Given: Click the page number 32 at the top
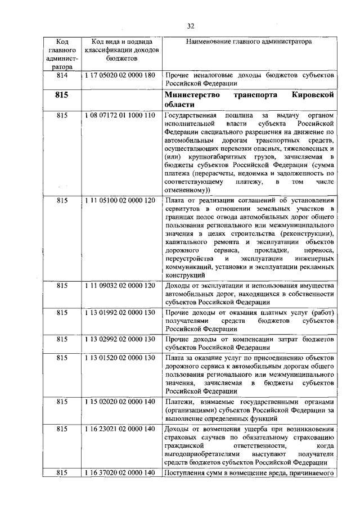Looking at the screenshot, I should (191, 26).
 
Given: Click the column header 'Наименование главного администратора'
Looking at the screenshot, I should (249, 42).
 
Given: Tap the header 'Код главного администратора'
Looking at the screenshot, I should (62, 54).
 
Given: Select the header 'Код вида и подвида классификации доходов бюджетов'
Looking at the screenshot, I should (121, 49).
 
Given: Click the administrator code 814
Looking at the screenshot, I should (62, 75).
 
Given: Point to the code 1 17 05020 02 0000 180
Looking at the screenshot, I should (120, 75).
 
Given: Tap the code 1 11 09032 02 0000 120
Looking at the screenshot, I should (120, 286).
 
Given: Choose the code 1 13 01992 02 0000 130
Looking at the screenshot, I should (120, 313).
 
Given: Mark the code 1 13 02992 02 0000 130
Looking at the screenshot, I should (120, 340).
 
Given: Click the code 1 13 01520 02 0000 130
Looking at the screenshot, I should (120, 358).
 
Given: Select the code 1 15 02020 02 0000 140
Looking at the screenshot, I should (120, 402).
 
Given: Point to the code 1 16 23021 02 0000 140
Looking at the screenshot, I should (120, 429).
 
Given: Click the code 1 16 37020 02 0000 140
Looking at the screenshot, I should (120, 473).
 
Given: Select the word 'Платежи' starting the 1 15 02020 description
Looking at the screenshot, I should (181, 402).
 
